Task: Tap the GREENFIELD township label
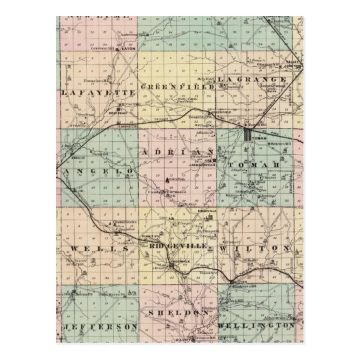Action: coord(176,87)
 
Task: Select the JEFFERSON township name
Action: coord(101,327)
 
